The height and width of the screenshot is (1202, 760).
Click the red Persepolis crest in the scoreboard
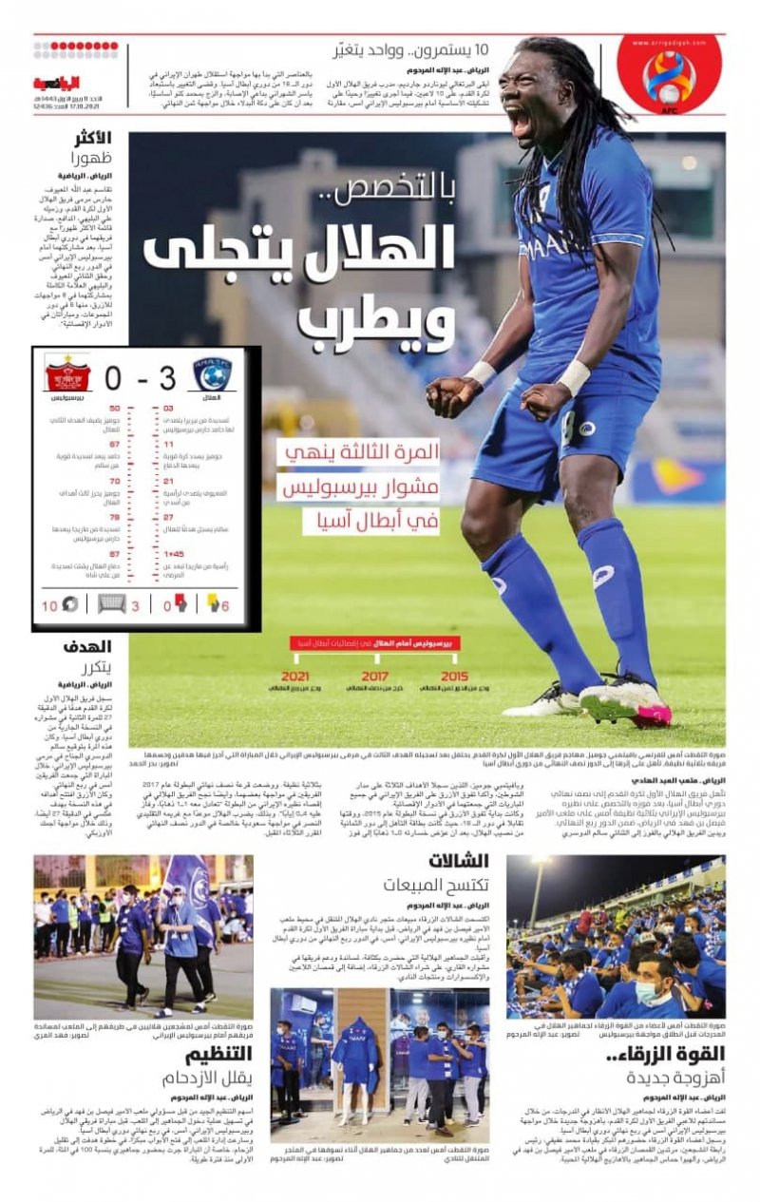point(66,373)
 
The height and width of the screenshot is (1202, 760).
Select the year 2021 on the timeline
point(295,676)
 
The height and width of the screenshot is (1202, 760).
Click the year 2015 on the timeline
point(454,676)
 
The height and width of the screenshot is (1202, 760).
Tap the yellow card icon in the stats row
point(211,602)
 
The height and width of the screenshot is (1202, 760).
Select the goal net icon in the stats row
point(112,602)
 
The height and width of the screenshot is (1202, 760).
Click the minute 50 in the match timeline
point(114,409)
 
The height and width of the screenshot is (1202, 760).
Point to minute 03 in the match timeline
point(167,409)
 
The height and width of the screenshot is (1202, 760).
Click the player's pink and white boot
point(627,705)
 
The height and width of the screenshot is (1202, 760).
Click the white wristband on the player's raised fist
point(573,377)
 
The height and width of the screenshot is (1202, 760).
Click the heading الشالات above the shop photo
point(459,862)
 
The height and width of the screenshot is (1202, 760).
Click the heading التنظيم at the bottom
point(218,1055)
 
